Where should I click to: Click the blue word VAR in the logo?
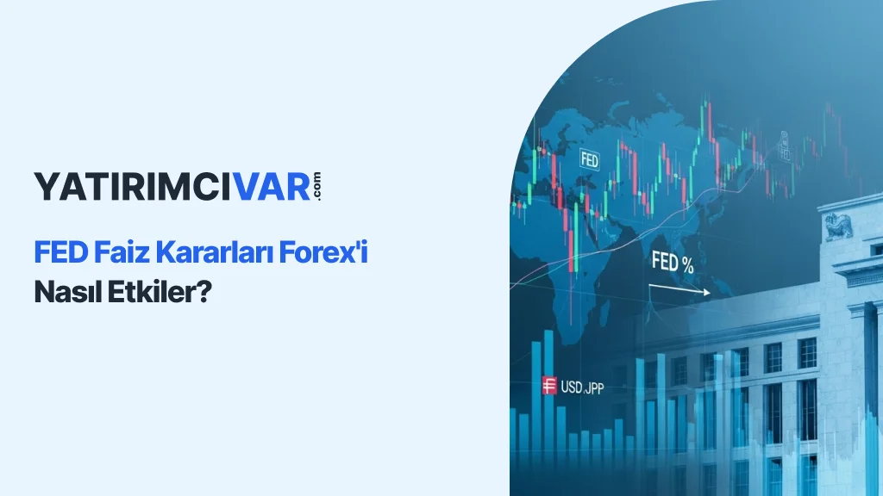272,187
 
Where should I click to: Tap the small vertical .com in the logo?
316,186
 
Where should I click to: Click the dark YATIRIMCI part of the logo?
133,187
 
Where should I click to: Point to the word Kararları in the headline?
214,252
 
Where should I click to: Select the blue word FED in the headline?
61,252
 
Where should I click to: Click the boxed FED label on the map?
589,160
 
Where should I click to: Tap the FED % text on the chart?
673,262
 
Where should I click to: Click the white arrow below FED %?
679,289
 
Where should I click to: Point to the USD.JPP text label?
582,387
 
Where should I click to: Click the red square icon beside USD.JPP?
549,385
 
